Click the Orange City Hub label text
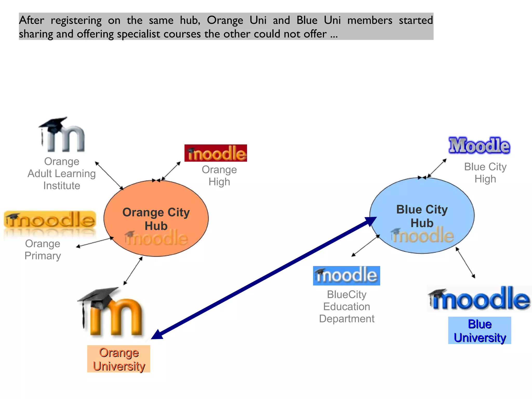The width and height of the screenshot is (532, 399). click(156, 219)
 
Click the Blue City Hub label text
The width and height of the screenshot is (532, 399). click(422, 216)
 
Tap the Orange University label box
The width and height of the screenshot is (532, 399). click(119, 359)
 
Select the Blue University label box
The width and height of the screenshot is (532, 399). click(480, 330)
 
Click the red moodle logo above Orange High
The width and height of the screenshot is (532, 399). click(216, 153)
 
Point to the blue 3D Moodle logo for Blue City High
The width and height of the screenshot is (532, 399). click(479, 145)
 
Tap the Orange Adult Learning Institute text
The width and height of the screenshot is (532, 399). click(62, 173)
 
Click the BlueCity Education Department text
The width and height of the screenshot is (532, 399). click(347, 307)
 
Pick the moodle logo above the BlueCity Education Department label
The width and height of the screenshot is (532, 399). click(347, 276)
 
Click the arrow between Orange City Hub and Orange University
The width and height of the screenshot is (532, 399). click(133, 271)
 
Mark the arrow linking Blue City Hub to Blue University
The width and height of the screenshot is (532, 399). click(465, 263)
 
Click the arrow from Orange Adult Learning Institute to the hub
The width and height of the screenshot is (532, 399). click(109, 176)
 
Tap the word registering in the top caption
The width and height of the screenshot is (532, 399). click(76, 21)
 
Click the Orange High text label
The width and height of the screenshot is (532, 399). click(219, 176)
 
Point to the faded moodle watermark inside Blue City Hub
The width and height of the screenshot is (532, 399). click(423, 235)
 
